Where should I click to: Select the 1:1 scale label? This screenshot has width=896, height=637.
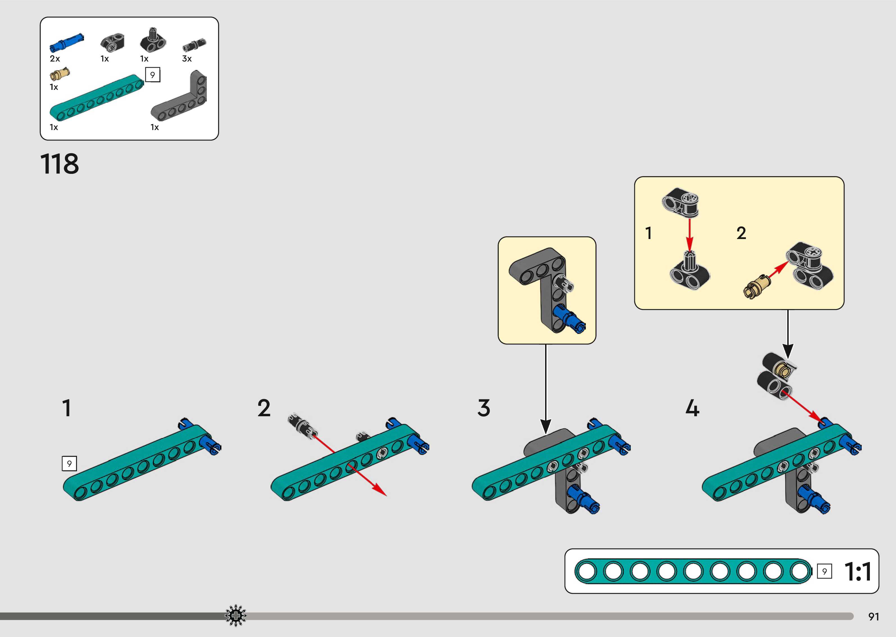pos(858,572)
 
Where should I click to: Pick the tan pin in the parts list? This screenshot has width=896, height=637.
pos(60,74)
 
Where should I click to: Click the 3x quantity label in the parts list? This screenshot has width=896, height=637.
pos(187,59)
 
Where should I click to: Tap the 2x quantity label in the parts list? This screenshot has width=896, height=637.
pos(55,59)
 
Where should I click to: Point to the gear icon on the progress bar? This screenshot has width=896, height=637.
pos(235,616)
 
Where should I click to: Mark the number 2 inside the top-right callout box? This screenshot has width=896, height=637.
pos(741,233)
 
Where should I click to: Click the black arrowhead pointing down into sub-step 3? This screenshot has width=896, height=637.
pos(546,426)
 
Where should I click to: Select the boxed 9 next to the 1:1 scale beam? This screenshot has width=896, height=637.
pos(824,572)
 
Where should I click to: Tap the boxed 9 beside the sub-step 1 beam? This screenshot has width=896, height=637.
pos(69,464)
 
